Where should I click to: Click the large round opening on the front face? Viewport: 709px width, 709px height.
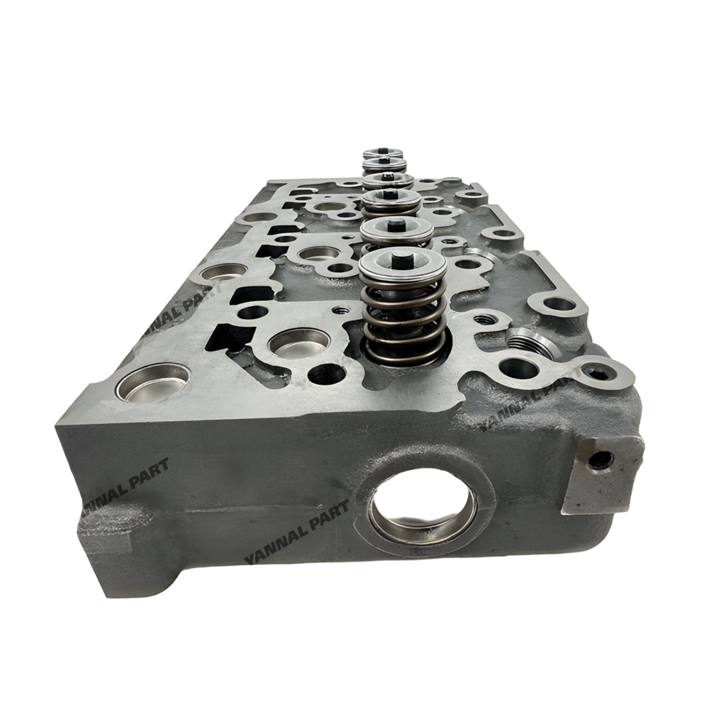pyautogui.click(x=423, y=505)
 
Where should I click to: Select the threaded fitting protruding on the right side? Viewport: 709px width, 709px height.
pyautogui.click(x=533, y=345)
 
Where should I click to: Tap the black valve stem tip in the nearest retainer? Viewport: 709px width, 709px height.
pyautogui.click(x=402, y=259)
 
